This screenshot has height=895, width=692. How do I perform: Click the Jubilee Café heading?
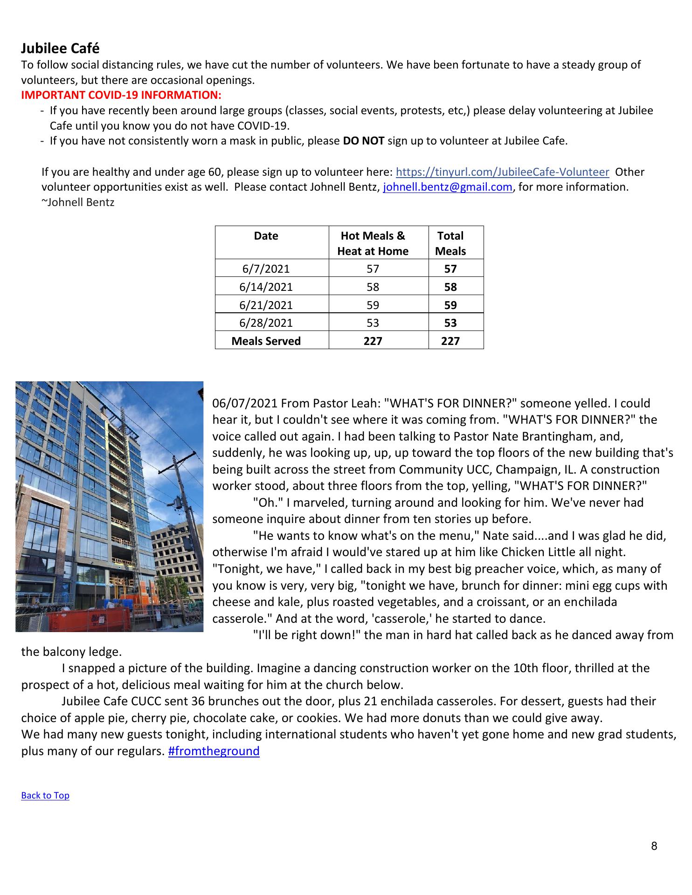click(60, 48)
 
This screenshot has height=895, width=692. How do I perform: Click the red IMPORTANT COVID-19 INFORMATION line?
click(121, 95)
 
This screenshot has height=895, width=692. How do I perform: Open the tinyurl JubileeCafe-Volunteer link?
click(502, 172)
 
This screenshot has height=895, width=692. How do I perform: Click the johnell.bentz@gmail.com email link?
click(447, 187)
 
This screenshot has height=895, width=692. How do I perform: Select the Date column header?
click(266, 236)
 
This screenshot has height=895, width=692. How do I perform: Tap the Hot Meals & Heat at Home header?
click(373, 243)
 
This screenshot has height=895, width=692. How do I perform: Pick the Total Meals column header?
click(450, 243)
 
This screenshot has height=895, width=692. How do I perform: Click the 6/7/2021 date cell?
click(266, 269)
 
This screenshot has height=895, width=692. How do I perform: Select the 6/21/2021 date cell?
click(266, 305)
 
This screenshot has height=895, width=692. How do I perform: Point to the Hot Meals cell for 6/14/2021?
click(373, 287)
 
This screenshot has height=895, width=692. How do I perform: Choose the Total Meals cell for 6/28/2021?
click(450, 323)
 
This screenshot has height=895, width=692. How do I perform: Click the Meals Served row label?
click(266, 341)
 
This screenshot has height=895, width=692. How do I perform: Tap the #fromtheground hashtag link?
click(214, 751)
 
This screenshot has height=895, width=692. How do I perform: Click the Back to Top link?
click(45, 796)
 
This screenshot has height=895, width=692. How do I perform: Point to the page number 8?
click(654, 846)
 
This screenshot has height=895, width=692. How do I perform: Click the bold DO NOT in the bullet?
click(363, 141)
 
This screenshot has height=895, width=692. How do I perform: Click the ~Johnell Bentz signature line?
click(78, 203)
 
